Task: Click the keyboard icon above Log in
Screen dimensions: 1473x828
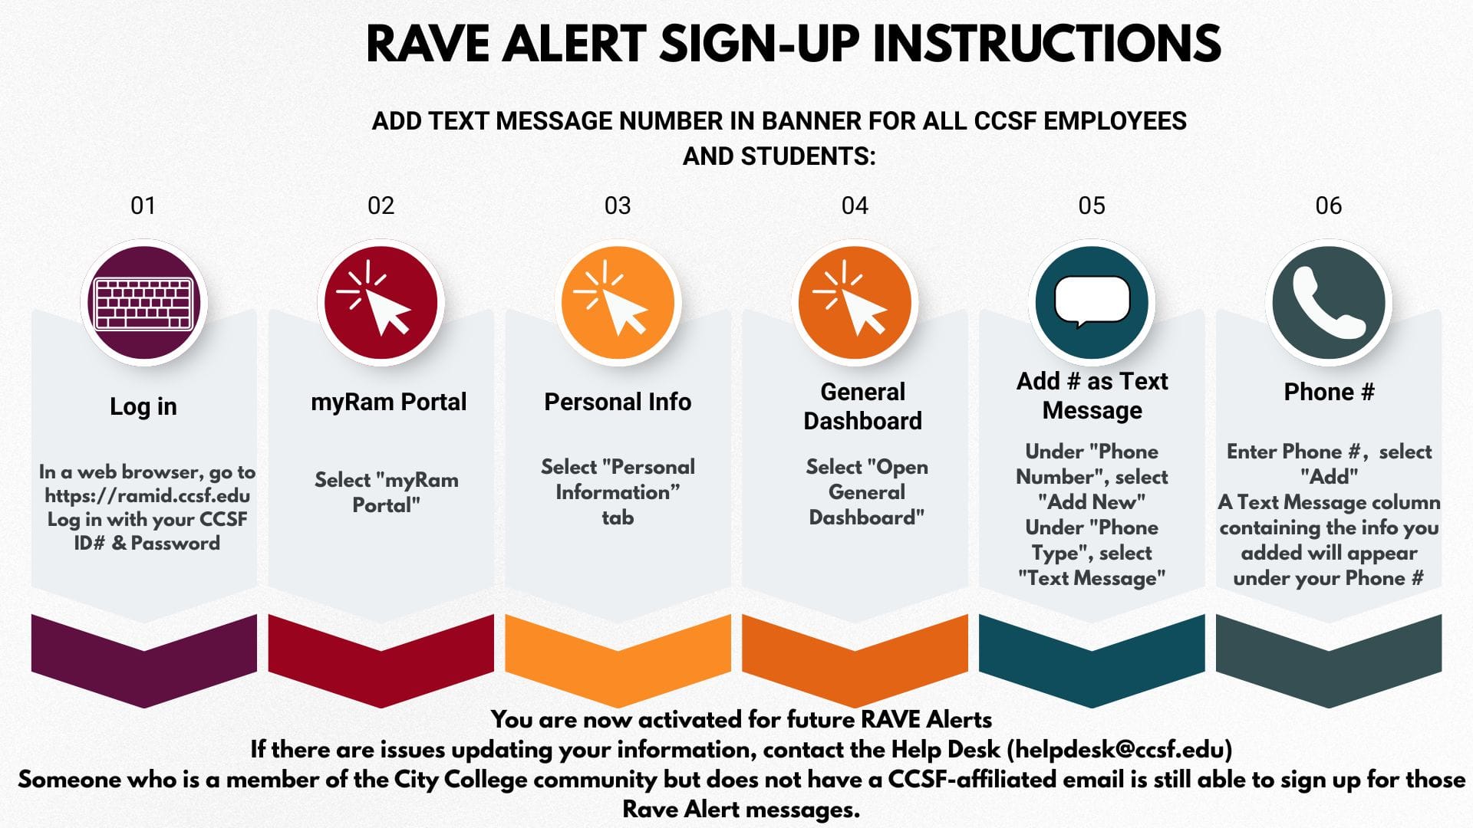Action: point(143,304)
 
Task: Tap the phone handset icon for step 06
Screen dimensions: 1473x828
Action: point(1329,304)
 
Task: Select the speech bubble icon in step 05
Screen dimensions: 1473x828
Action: point(1092,301)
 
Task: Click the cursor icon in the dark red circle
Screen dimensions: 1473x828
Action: point(376,298)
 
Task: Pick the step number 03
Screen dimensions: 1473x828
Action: point(618,205)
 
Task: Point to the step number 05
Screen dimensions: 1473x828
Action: point(1092,205)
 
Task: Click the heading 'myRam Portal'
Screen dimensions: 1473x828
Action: point(388,402)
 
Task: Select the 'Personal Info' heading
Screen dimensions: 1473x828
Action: point(618,402)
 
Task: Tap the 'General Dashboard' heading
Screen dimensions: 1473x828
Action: point(862,406)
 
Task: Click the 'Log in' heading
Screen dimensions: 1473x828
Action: point(143,406)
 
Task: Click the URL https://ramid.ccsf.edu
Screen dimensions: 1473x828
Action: point(147,496)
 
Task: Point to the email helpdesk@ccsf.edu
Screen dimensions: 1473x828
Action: point(1119,749)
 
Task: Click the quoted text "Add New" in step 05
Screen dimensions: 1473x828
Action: point(1092,502)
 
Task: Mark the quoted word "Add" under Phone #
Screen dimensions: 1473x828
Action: point(1329,477)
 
